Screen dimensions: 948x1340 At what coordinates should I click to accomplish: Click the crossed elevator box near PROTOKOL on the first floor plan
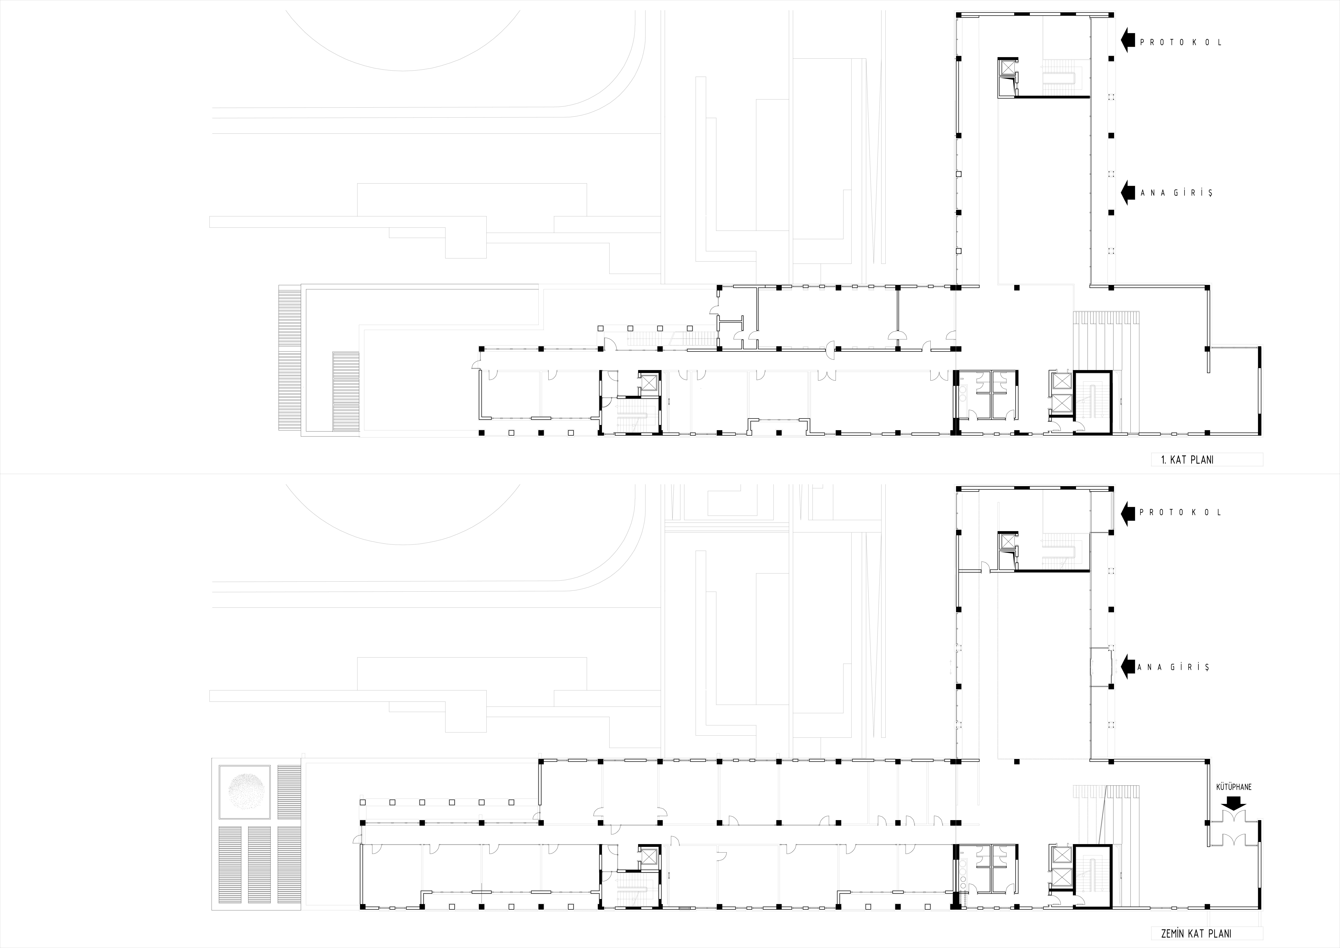tap(1007, 68)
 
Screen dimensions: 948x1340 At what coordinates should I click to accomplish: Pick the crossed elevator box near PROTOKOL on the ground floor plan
tap(1007, 541)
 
